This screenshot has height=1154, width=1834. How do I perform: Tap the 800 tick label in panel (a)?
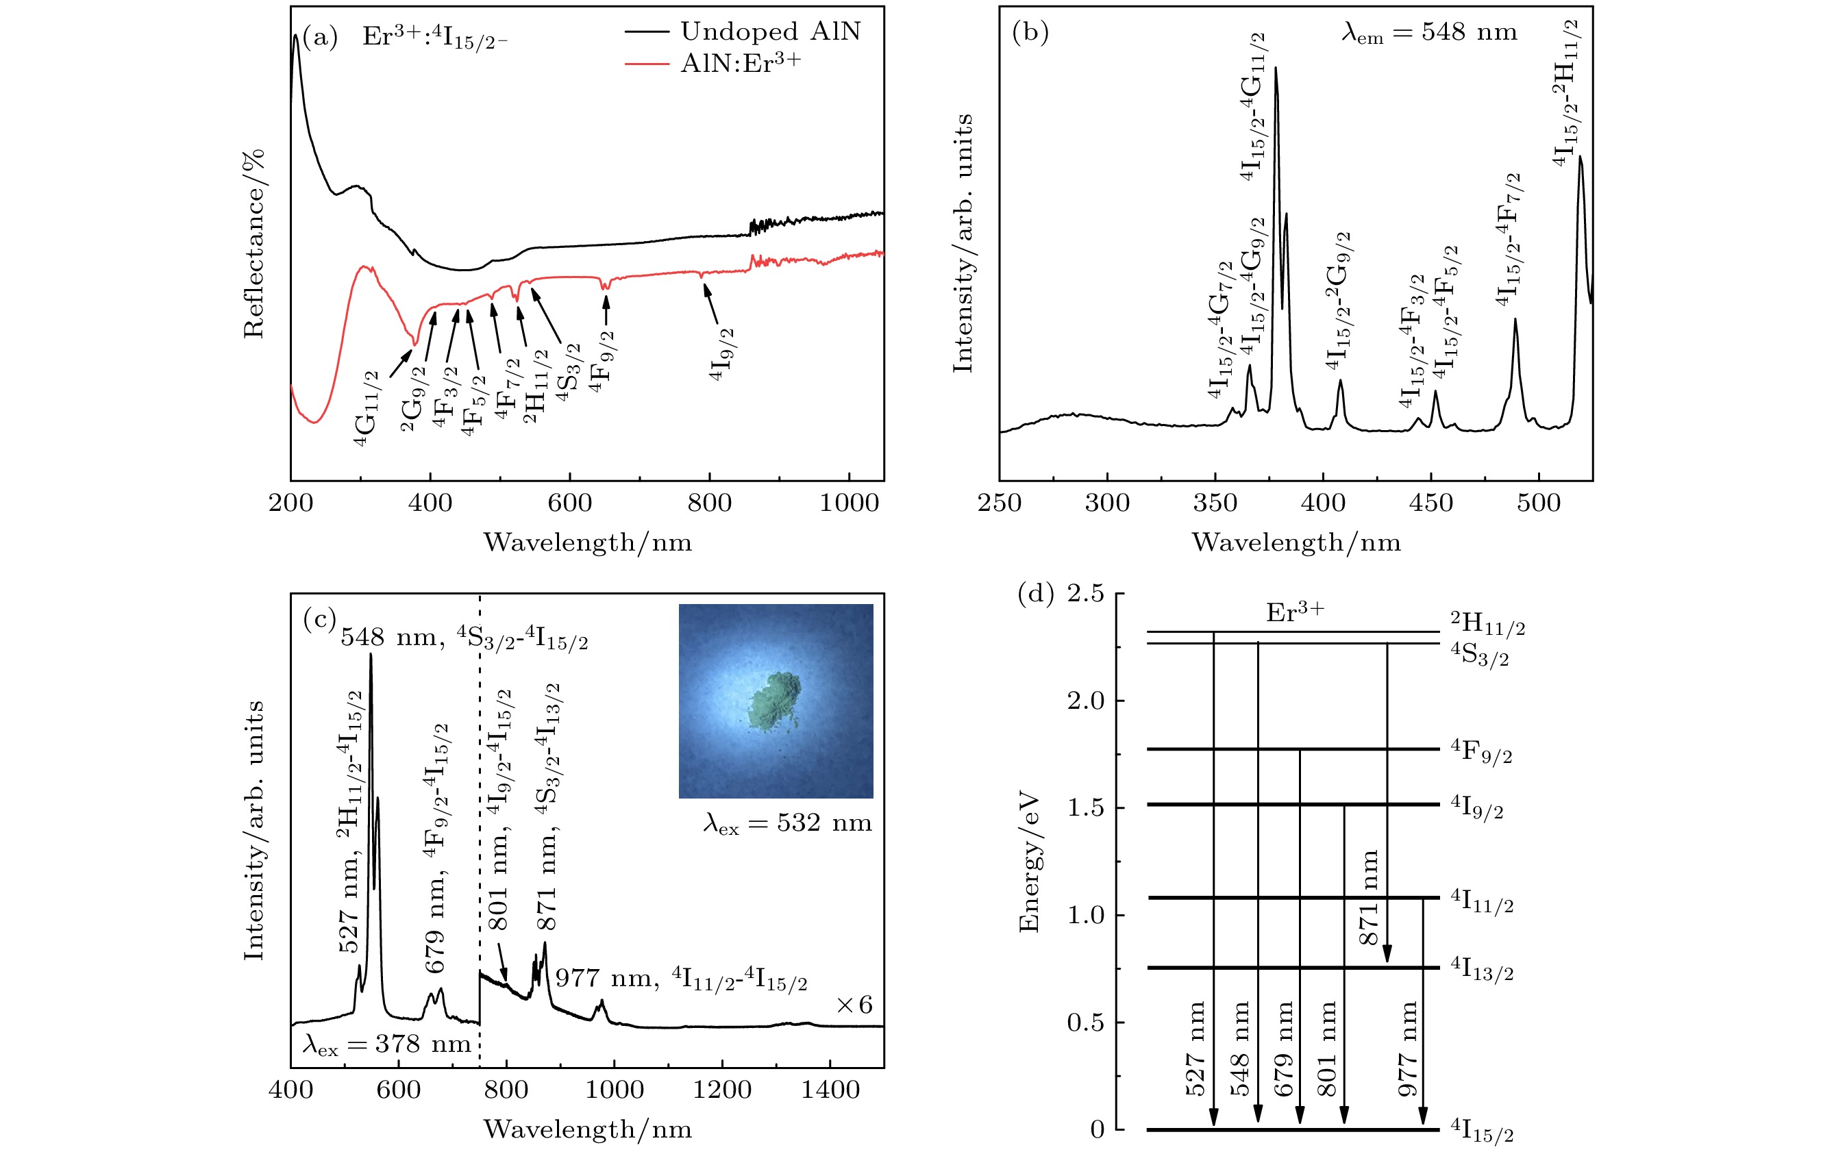[709, 503]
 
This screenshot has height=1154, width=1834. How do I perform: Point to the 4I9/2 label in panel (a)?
[721, 355]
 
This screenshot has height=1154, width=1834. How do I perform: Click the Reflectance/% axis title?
[253, 244]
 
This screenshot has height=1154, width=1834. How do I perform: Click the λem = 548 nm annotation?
[1429, 33]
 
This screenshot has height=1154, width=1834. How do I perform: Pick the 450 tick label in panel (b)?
[1431, 503]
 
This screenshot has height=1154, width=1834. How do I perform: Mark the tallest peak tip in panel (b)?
[1276, 68]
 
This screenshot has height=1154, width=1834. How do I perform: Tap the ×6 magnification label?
[854, 1005]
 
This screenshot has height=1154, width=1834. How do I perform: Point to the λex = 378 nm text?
[387, 1044]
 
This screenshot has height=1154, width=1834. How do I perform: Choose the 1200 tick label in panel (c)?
[721, 1090]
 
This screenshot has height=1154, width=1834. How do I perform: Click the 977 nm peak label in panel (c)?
[681, 978]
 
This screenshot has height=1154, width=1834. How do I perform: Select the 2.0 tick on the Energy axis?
[1085, 701]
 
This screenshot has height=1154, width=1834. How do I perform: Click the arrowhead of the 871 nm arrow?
[1387, 953]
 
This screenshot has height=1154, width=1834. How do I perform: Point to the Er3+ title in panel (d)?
[1295, 613]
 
